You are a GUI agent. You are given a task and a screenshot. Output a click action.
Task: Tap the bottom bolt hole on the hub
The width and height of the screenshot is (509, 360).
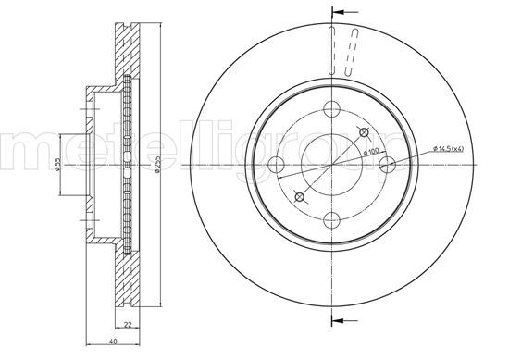331,218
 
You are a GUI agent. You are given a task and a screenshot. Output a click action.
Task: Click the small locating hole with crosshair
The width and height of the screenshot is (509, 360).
298,196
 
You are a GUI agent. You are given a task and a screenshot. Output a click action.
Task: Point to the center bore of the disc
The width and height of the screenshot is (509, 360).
331,165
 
